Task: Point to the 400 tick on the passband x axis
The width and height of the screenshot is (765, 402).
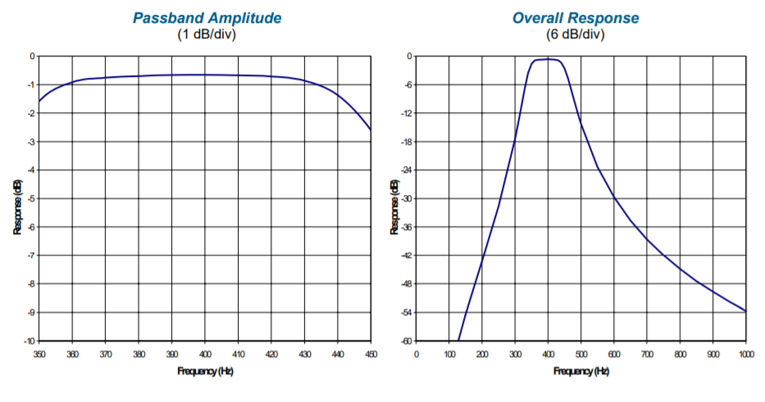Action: click(204, 354)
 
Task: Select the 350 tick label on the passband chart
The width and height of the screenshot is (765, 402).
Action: click(39, 354)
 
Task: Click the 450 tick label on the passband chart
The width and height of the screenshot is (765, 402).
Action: click(370, 354)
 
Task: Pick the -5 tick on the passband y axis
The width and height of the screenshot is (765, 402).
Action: click(31, 198)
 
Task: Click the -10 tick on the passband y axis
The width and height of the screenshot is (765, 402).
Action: click(30, 341)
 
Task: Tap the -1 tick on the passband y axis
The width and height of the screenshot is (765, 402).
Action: click(31, 84)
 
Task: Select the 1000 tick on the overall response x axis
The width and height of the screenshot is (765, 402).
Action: click(745, 354)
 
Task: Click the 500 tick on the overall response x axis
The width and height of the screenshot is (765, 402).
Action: click(581, 354)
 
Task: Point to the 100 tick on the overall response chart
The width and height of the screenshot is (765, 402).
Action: click(449, 354)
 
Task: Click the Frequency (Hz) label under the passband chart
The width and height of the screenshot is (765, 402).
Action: click(204, 371)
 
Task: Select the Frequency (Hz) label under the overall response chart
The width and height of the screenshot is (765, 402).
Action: click(581, 371)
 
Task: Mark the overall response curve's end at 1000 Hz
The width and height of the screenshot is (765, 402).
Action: click(745, 311)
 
